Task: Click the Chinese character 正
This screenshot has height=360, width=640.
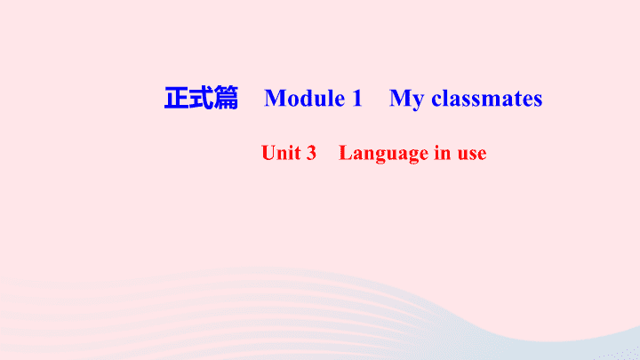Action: click(x=176, y=98)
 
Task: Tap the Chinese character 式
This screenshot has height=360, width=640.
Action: click(x=201, y=98)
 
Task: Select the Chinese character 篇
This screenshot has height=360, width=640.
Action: click(x=226, y=98)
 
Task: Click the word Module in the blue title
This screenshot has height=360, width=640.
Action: click(x=305, y=99)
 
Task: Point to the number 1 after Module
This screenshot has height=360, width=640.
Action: click(x=356, y=98)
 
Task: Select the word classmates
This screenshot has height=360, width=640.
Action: click(x=487, y=99)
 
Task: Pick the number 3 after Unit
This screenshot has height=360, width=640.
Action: click(x=311, y=153)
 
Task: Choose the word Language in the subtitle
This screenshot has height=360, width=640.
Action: click(x=384, y=154)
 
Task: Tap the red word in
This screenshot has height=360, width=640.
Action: click(x=443, y=153)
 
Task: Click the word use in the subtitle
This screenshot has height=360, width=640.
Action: click(x=472, y=155)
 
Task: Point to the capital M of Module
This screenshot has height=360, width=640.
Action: click(x=275, y=99)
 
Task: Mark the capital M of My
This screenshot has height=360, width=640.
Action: click(x=400, y=99)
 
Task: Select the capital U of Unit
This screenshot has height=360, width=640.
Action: click(x=268, y=153)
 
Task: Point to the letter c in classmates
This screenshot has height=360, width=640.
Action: click(x=436, y=100)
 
